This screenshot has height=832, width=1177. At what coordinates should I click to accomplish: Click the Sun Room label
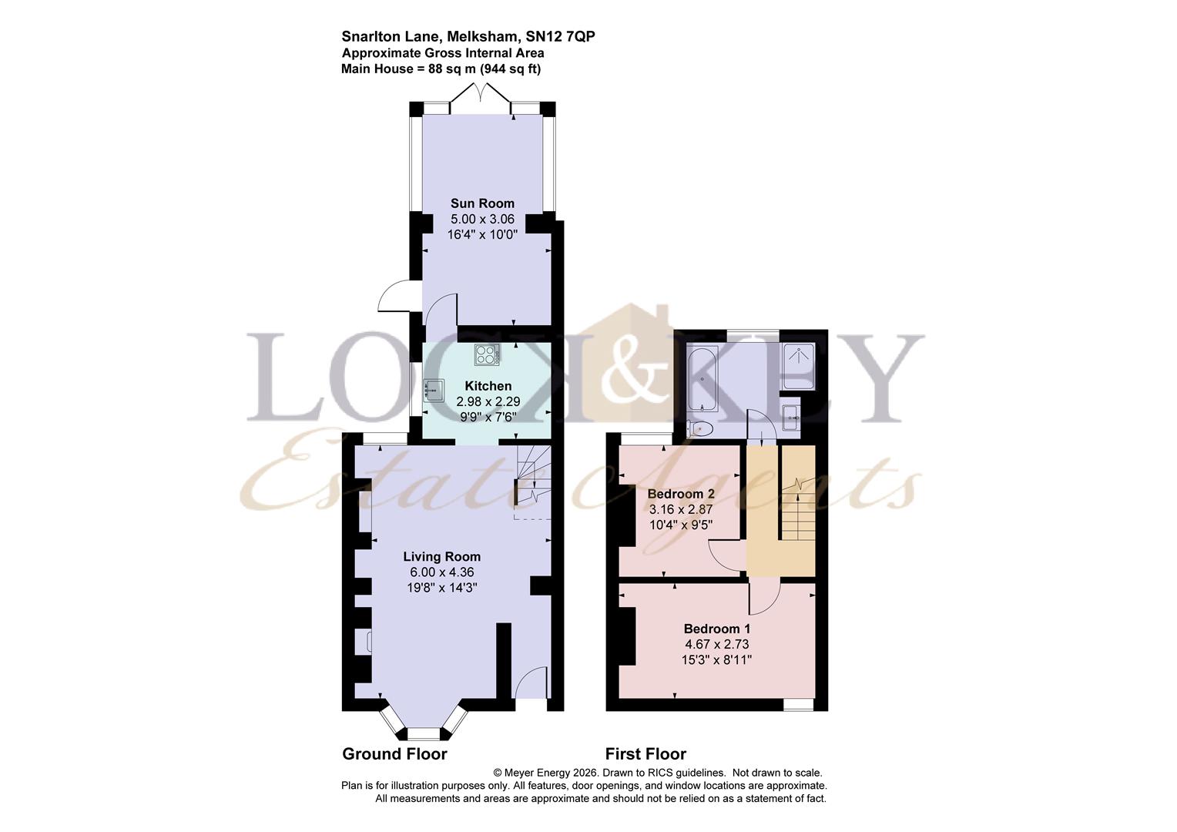point(482,203)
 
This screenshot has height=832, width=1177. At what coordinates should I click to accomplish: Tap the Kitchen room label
point(488,386)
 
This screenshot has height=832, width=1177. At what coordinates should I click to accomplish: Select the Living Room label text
point(442,557)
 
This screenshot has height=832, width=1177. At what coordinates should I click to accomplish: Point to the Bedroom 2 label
point(681,494)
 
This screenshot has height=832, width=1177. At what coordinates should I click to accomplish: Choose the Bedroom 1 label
point(716,629)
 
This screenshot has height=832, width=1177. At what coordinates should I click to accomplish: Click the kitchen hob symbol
point(487,355)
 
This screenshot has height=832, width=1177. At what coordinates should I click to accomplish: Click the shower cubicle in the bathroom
point(798,367)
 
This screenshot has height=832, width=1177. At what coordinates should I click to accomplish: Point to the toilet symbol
point(699,429)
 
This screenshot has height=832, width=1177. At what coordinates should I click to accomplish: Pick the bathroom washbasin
point(791,418)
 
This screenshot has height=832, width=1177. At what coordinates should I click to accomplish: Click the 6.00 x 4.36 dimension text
point(442,572)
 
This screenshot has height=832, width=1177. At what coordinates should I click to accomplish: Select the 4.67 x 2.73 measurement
point(716,644)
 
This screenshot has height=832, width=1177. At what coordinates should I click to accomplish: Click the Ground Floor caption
point(394,754)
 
